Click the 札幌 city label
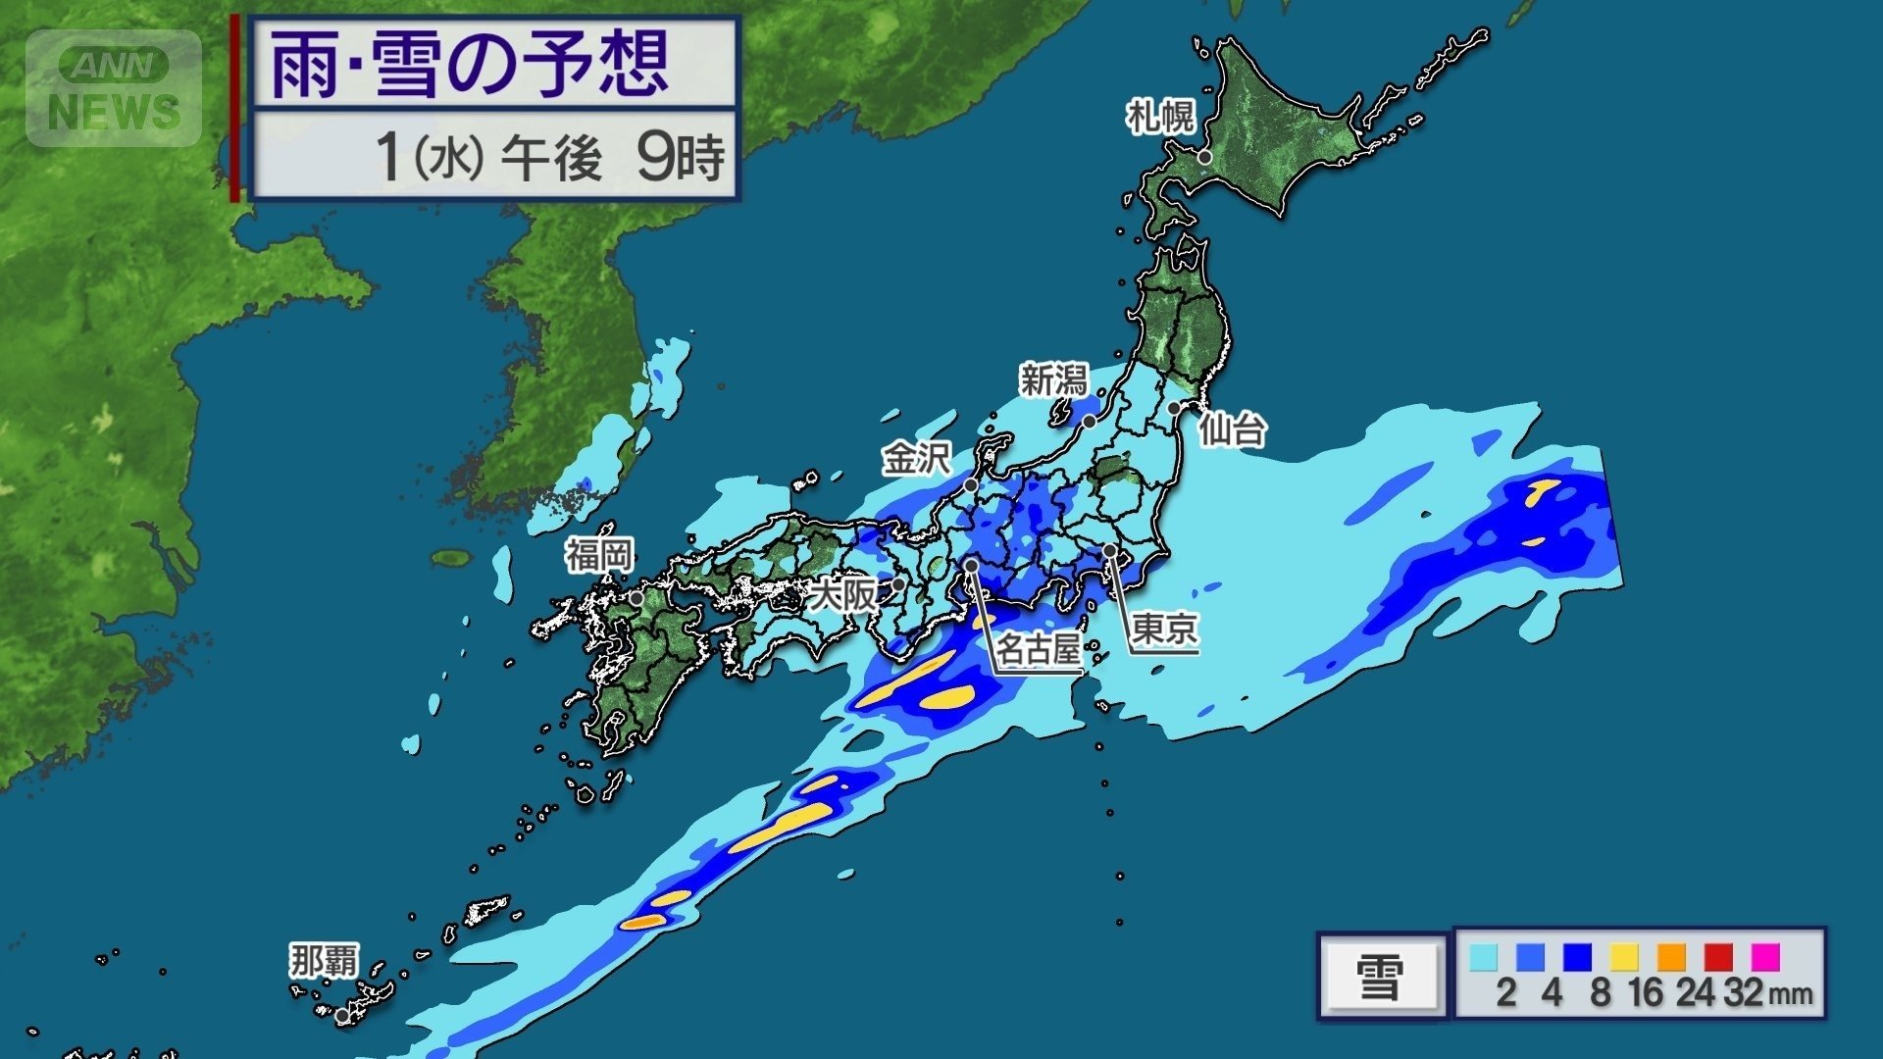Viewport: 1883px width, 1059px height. coord(1160,118)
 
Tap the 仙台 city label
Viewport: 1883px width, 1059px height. coord(1233,429)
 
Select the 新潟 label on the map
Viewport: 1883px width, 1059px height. coord(1054,379)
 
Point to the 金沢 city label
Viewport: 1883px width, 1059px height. coord(916,458)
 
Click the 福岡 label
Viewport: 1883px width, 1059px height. coord(599,556)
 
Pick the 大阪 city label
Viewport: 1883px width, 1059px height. coord(845,594)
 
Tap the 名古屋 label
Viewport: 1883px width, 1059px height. coord(1039,648)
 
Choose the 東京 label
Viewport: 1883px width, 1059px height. coord(1164,629)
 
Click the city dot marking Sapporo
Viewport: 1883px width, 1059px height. coord(1204,157)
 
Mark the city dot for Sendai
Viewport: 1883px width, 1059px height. coord(1174,408)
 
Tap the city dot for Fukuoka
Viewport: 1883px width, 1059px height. coord(636,598)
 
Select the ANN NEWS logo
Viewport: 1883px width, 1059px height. coord(114,88)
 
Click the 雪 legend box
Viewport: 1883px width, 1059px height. coord(1381,977)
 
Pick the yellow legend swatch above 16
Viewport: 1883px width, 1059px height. coord(1624,956)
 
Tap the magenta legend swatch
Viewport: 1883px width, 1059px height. coord(1765,956)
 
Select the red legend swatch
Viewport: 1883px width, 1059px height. coord(1718,956)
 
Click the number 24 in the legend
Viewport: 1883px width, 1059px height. coord(1695,992)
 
